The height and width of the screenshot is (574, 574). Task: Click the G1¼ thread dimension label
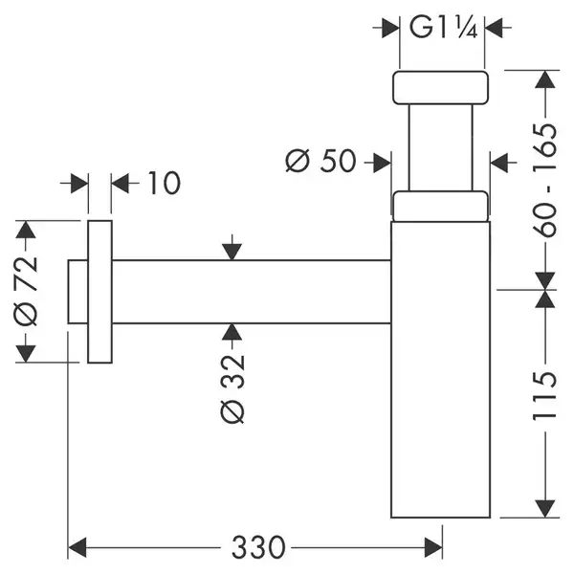tap(443, 27)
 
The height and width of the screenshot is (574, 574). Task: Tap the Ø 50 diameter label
tap(320, 161)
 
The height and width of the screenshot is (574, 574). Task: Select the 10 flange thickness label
tap(164, 183)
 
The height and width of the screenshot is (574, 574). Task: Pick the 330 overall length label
tap(258, 547)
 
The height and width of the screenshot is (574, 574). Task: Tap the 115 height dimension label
tap(545, 396)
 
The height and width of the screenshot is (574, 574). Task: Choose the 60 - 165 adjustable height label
tap(545, 180)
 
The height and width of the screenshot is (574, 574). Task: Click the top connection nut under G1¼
tap(440, 87)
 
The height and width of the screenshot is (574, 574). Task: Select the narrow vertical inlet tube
tap(441, 147)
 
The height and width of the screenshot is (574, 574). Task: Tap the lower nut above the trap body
tap(440, 206)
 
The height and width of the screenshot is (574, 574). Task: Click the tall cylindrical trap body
tap(441, 369)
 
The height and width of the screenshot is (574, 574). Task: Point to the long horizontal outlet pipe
tap(251, 292)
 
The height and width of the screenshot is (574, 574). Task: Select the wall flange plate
tap(99, 292)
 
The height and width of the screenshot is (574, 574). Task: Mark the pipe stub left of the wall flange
tap(77, 292)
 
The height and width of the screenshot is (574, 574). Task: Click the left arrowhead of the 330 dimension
tap(77, 547)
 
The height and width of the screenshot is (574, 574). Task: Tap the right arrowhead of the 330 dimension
tap(433, 547)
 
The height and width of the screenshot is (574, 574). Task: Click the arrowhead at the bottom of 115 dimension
tap(545, 509)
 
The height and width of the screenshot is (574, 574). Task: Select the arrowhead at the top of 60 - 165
tap(545, 79)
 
